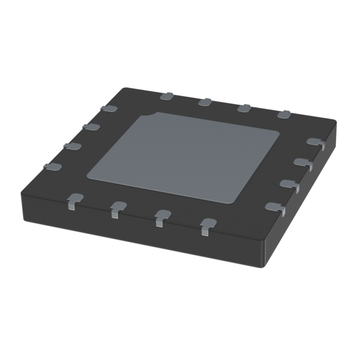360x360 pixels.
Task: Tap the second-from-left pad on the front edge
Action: tap(118, 208)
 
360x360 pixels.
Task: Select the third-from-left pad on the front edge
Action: tap(162, 217)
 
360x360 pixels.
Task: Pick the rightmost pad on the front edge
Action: tap(208, 225)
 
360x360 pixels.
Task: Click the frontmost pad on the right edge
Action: tap(276, 208)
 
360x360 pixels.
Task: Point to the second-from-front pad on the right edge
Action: tap(290, 185)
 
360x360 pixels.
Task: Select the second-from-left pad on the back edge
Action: tap(205, 102)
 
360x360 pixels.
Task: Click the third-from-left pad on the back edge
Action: tap(244, 108)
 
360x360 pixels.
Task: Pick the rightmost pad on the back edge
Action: tap(283, 115)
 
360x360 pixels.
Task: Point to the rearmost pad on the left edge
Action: tap(109, 108)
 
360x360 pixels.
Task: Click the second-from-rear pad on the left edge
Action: tap(91, 127)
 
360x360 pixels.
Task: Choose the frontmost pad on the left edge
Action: tap(52, 166)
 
